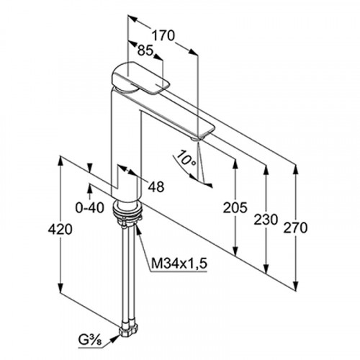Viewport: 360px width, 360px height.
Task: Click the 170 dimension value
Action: pos(163,36)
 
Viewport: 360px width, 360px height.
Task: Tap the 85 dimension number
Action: pos(145,50)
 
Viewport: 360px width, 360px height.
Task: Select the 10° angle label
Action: pos(186,158)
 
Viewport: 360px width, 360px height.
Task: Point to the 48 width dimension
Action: pos(156,186)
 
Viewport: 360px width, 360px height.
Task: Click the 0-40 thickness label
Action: pos(90,208)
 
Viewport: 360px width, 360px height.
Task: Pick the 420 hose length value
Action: pos(60,229)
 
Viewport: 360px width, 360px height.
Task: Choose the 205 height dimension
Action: pos(235,207)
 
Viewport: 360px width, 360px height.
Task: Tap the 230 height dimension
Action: pos(266,220)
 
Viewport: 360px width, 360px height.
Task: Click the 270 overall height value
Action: pos(295,228)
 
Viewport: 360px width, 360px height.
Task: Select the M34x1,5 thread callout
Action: pos(179,264)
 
